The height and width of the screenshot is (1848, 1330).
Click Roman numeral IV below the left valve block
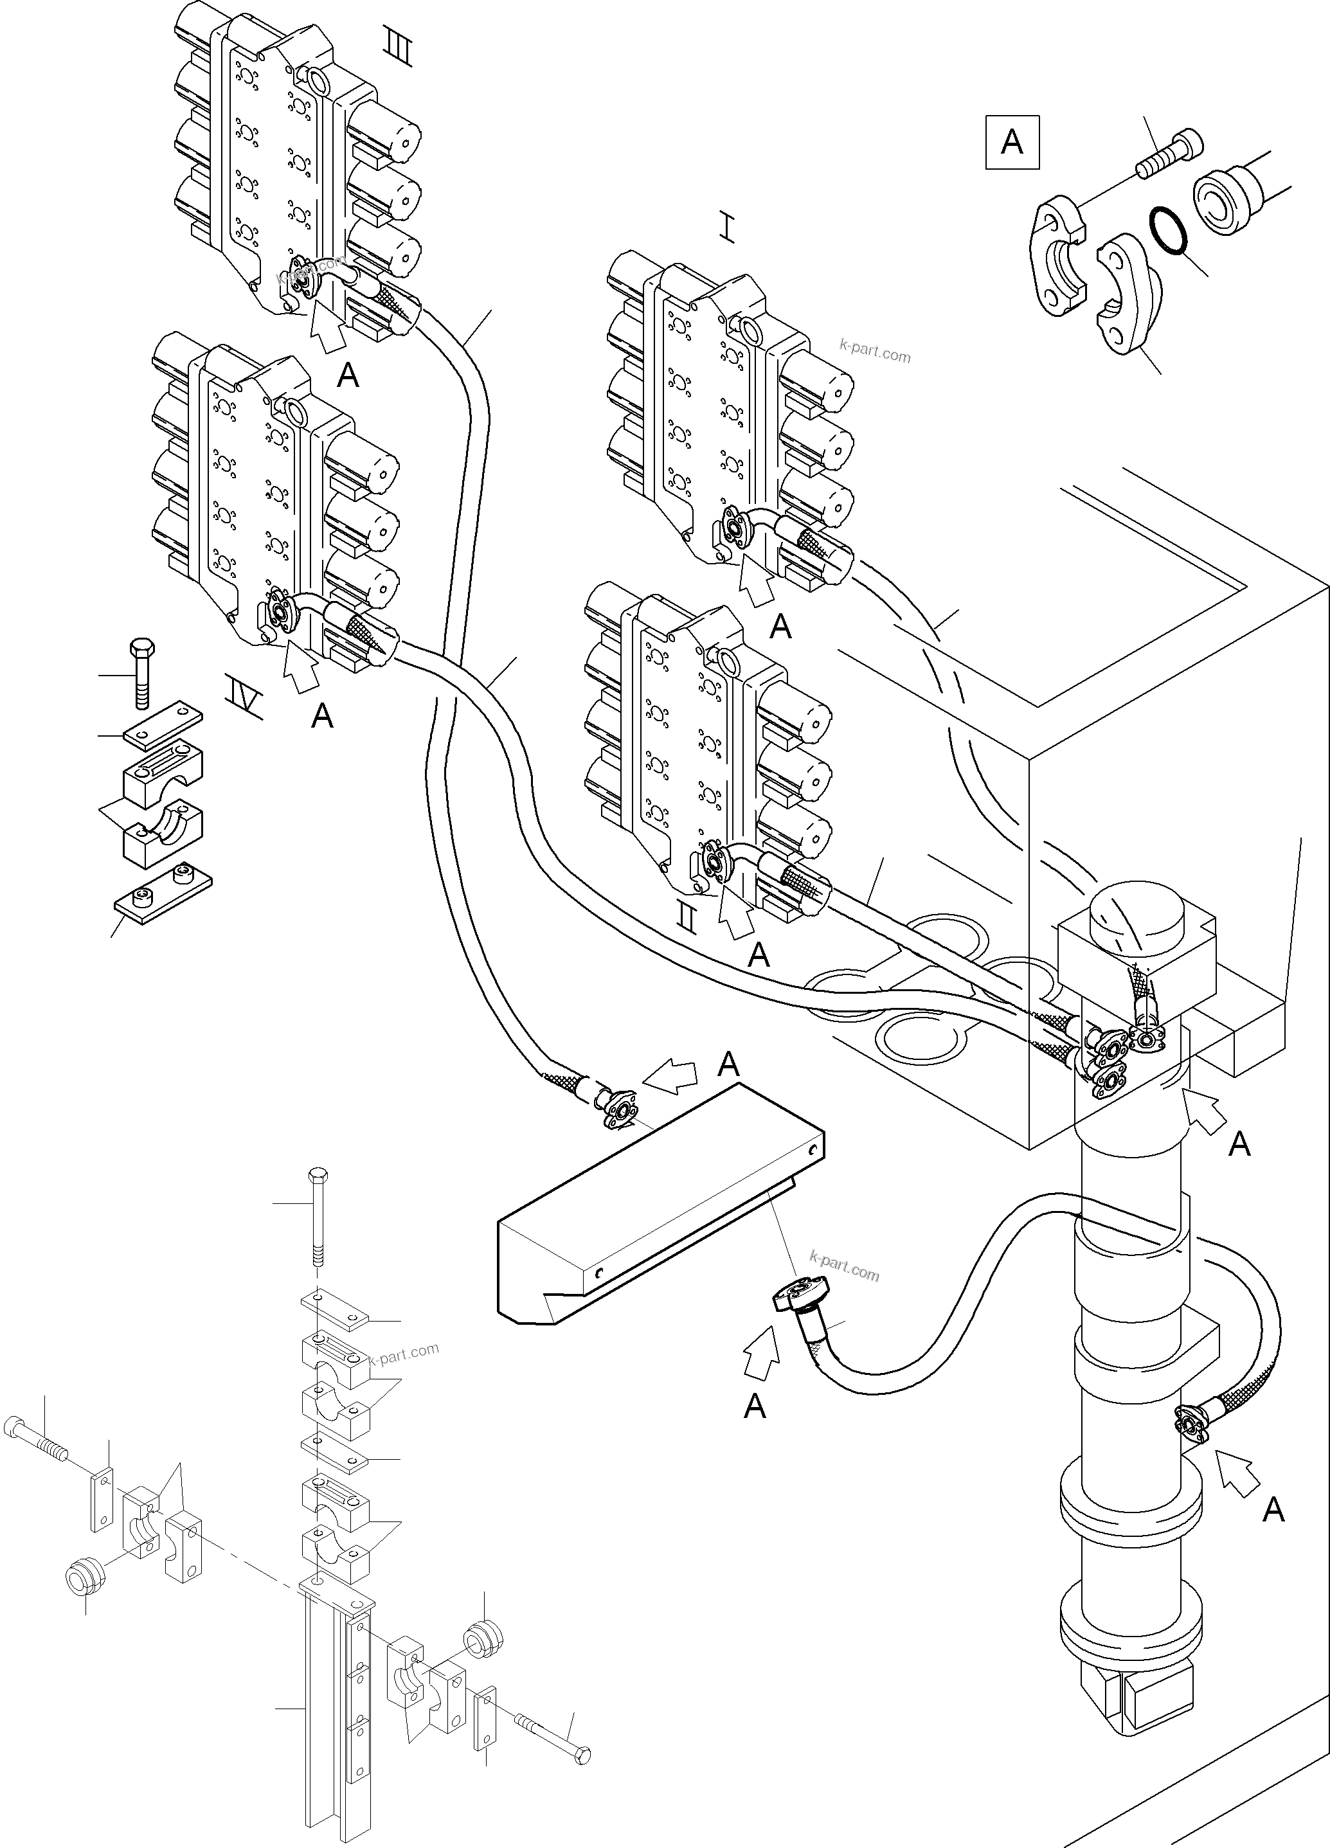tap(244, 701)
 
